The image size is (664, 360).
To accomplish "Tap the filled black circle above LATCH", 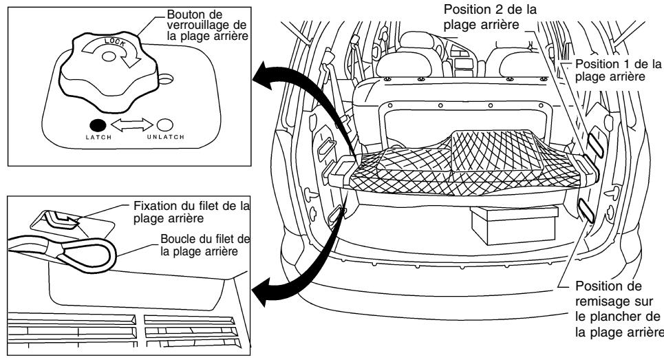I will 97,126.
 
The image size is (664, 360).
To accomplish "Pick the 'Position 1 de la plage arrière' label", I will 615,70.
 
